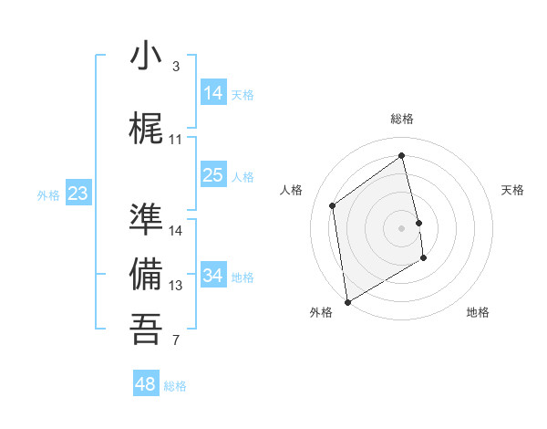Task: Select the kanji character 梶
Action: pos(146,129)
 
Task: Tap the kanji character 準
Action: pos(146,219)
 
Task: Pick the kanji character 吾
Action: pos(146,329)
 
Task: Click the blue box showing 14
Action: pos(213,92)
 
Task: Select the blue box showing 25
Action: pos(213,175)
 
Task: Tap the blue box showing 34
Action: pos(213,275)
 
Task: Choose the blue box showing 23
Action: pos(78,194)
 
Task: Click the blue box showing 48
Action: pos(146,384)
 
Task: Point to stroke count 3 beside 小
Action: pos(176,67)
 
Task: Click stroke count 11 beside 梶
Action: pos(176,140)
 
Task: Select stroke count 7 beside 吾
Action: pos(176,341)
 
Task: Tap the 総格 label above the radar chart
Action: pos(402,119)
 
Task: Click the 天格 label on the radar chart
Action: pos(513,190)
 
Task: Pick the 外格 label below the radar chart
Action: pos(321,312)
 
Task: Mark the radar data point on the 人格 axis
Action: pos(333,205)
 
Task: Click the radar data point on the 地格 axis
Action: pos(424,258)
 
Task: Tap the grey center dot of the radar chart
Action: pos(402,227)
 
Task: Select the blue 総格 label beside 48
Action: pos(175,386)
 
